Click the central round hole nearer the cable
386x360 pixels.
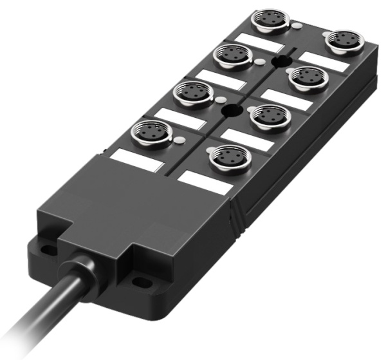pyautogui.click(x=228, y=111)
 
